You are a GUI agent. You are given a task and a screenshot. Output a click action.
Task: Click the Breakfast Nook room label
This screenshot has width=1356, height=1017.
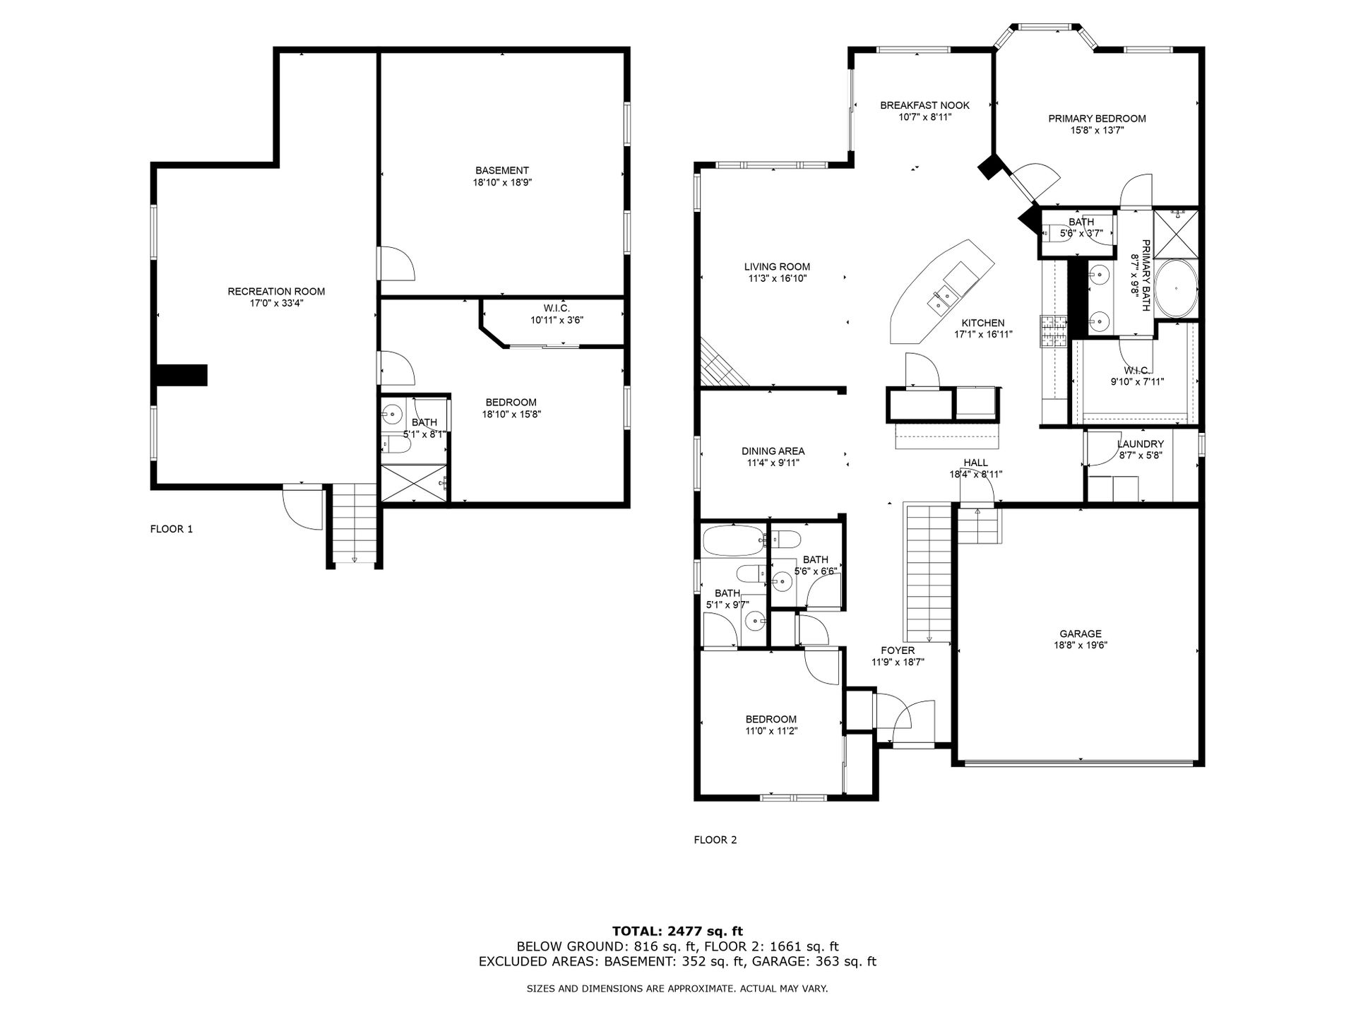[x=924, y=105]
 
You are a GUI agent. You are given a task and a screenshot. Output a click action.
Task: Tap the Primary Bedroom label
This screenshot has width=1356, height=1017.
[x=1097, y=119]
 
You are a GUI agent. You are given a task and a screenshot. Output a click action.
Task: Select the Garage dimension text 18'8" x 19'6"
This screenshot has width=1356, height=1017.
[x=1080, y=645]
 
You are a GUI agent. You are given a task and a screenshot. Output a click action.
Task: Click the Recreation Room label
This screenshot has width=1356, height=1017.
[x=276, y=291]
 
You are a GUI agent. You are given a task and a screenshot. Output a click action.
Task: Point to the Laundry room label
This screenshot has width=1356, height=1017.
[x=1141, y=444]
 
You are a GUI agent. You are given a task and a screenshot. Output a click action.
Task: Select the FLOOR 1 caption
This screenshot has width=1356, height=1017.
[x=172, y=529]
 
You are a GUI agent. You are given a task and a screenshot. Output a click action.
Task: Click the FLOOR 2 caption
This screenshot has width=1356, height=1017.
[x=715, y=840]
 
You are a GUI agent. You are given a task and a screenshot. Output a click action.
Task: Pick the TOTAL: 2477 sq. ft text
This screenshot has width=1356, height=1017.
[x=677, y=932]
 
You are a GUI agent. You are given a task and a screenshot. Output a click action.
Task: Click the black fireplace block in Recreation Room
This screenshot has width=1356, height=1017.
[x=181, y=375]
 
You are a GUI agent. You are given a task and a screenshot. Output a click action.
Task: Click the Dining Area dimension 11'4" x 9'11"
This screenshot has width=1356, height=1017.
[x=773, y=463]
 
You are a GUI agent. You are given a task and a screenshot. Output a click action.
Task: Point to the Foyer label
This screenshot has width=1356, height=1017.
[x=898, y=650]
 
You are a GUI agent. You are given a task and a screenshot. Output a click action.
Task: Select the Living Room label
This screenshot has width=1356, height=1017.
[x=777, y=267]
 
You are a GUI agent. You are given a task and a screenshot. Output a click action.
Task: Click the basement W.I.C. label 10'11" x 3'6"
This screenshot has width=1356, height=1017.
[x=557, y=320]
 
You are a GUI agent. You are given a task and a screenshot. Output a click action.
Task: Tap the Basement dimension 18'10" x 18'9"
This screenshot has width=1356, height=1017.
[x=502, y=182]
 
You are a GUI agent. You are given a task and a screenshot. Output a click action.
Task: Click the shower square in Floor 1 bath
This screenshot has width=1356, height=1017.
[x=414, y=483]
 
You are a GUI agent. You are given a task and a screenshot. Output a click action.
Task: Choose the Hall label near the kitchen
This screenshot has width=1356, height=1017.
[x=975, y=463]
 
